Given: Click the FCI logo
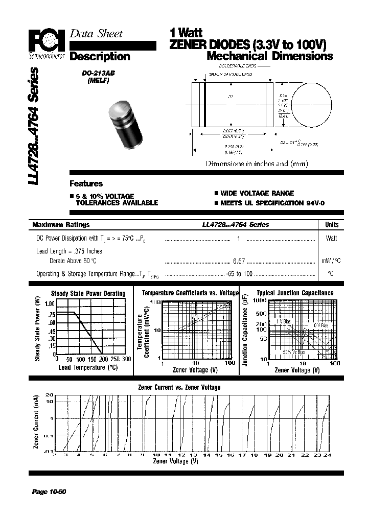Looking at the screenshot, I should pos(45,39).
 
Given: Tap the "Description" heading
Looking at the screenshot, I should pos(100,56).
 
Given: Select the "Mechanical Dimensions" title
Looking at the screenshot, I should pos(270,56).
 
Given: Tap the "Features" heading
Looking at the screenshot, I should pos(86,183).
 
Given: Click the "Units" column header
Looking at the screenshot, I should pos(331,224).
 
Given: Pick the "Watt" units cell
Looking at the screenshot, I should pos(331,238).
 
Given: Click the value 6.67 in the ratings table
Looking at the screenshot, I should pos(239,261).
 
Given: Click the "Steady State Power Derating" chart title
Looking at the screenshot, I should pos(88,293).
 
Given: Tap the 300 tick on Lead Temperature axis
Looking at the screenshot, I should pos(127,359).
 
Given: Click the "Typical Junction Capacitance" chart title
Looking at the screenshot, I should pos(295,293).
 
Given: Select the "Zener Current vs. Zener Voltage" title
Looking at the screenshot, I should pos(179,387).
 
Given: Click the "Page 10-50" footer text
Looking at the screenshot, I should pos(49,492).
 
